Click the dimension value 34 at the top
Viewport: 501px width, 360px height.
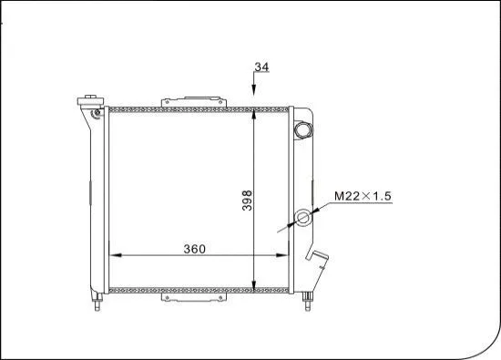262,67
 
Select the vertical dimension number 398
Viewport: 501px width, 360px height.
246,199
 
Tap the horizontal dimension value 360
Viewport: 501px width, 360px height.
194,248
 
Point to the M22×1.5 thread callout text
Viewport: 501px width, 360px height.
363,196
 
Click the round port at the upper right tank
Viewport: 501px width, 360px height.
302,129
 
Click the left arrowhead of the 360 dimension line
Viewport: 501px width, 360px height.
113,255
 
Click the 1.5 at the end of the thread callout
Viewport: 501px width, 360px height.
383,196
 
